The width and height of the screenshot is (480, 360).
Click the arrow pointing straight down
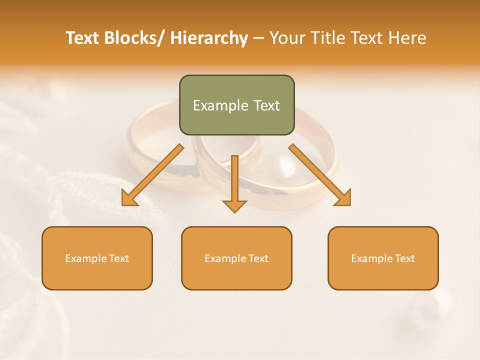click(x=234, y=182)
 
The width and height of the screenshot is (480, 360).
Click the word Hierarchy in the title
click(x=209, y=38)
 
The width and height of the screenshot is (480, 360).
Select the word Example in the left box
click(x=86, y=258)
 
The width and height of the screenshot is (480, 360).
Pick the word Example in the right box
click(x=372, y=258)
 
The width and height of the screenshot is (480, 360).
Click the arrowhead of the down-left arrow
click(x=129, y=199)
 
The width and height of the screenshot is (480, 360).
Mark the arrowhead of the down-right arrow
click(x=343, y=199)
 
